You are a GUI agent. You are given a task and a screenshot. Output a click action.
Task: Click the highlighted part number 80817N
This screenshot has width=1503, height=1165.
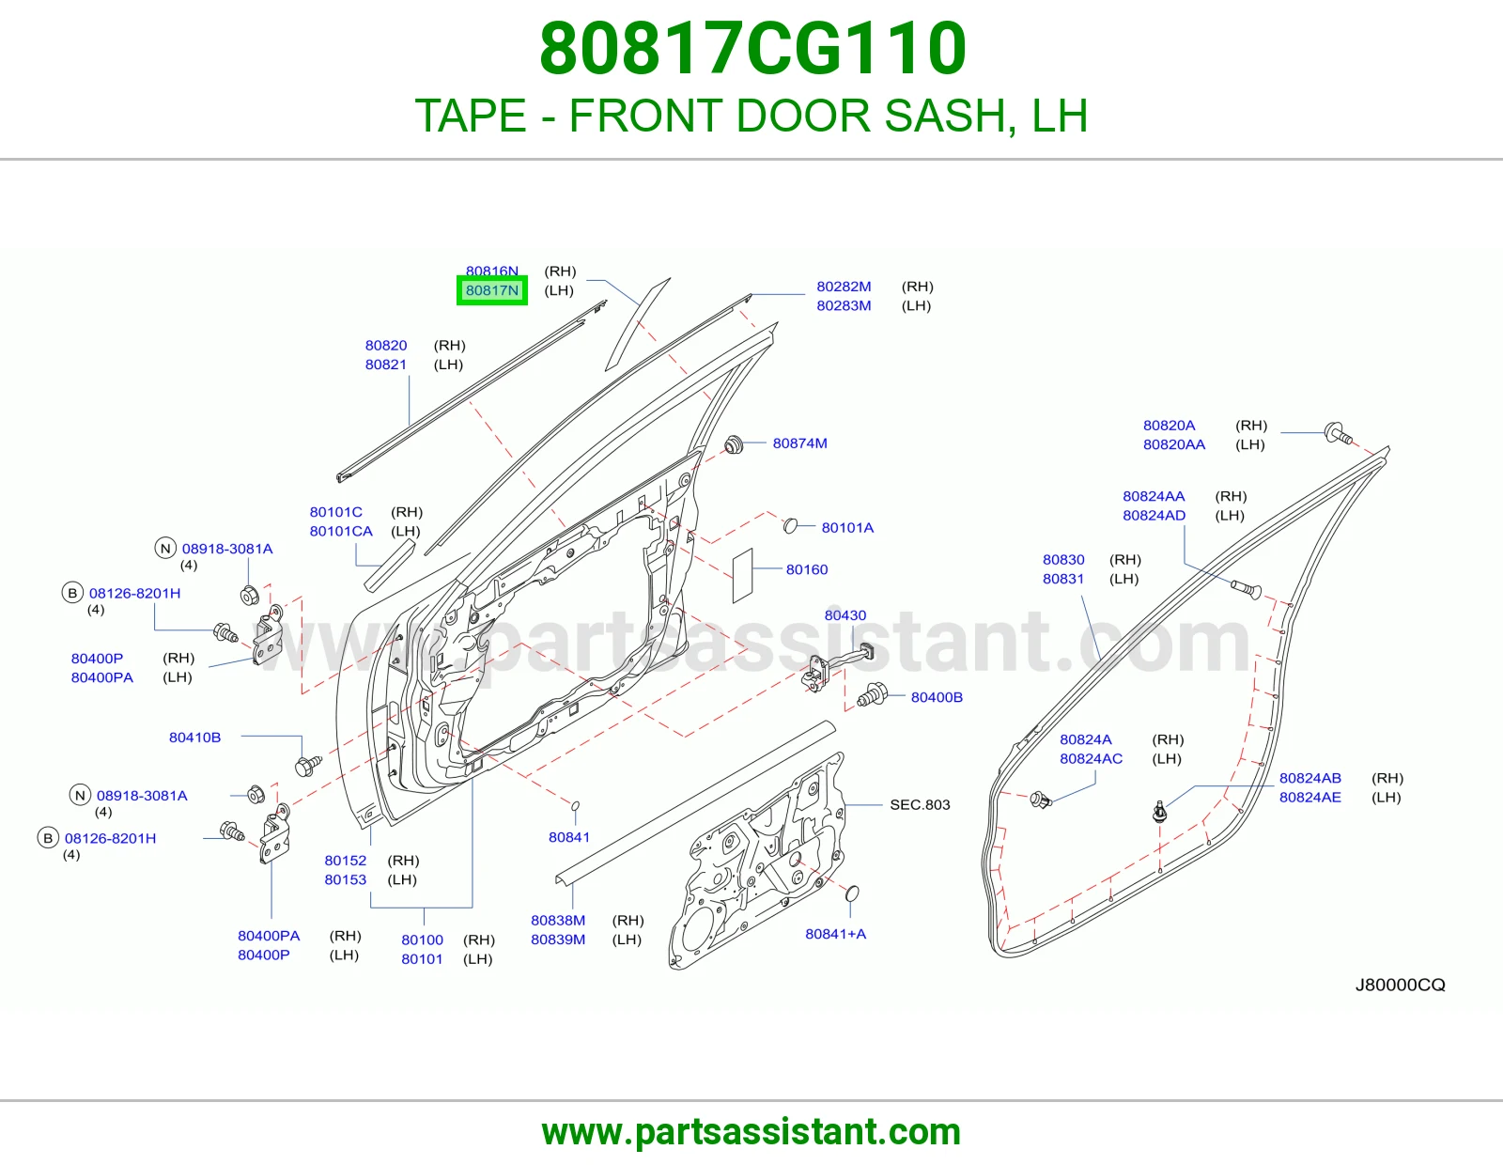click(492, 290)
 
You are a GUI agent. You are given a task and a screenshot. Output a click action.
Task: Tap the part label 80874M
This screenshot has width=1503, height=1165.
click(799, 443)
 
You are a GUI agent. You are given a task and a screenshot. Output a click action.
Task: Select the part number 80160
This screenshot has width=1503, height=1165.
click(807, 569)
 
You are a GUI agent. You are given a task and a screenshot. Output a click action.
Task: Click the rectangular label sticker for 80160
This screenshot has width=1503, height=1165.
click(743, 576)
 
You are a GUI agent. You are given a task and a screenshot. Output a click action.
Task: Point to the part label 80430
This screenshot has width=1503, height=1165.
click(845, 615)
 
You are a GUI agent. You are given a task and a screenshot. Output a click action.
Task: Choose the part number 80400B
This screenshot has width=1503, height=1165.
click(937, 697)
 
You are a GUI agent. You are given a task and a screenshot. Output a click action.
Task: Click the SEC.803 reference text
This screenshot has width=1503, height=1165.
click(920, 804)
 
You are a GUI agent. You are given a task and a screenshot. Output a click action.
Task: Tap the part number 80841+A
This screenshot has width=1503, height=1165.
click(835, 934)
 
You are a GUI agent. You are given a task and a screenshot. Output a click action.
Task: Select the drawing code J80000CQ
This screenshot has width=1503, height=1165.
click(1400, 986)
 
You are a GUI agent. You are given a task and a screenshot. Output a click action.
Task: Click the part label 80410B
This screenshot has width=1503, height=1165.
click(195, 738)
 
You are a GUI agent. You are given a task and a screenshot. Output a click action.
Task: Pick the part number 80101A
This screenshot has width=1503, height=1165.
click(847, 528)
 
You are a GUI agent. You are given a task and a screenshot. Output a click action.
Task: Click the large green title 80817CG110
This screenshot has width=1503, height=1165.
click(752, 49)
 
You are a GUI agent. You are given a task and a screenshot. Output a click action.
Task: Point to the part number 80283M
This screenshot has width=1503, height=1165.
click(844, 305)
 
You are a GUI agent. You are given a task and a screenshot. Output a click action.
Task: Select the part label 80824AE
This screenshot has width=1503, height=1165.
click(1310, 797)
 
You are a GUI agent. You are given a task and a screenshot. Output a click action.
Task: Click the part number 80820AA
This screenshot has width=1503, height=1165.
click(1174, 444)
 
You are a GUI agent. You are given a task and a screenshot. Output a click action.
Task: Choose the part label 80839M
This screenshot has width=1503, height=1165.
click(558, 940)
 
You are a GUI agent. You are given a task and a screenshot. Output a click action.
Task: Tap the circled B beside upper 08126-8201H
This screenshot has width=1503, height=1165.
click(72, 593)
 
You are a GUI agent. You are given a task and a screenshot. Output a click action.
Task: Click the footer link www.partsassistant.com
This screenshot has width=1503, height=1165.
click(751, 1132)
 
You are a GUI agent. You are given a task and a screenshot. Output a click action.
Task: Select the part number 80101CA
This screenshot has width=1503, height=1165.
click(341, 532)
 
